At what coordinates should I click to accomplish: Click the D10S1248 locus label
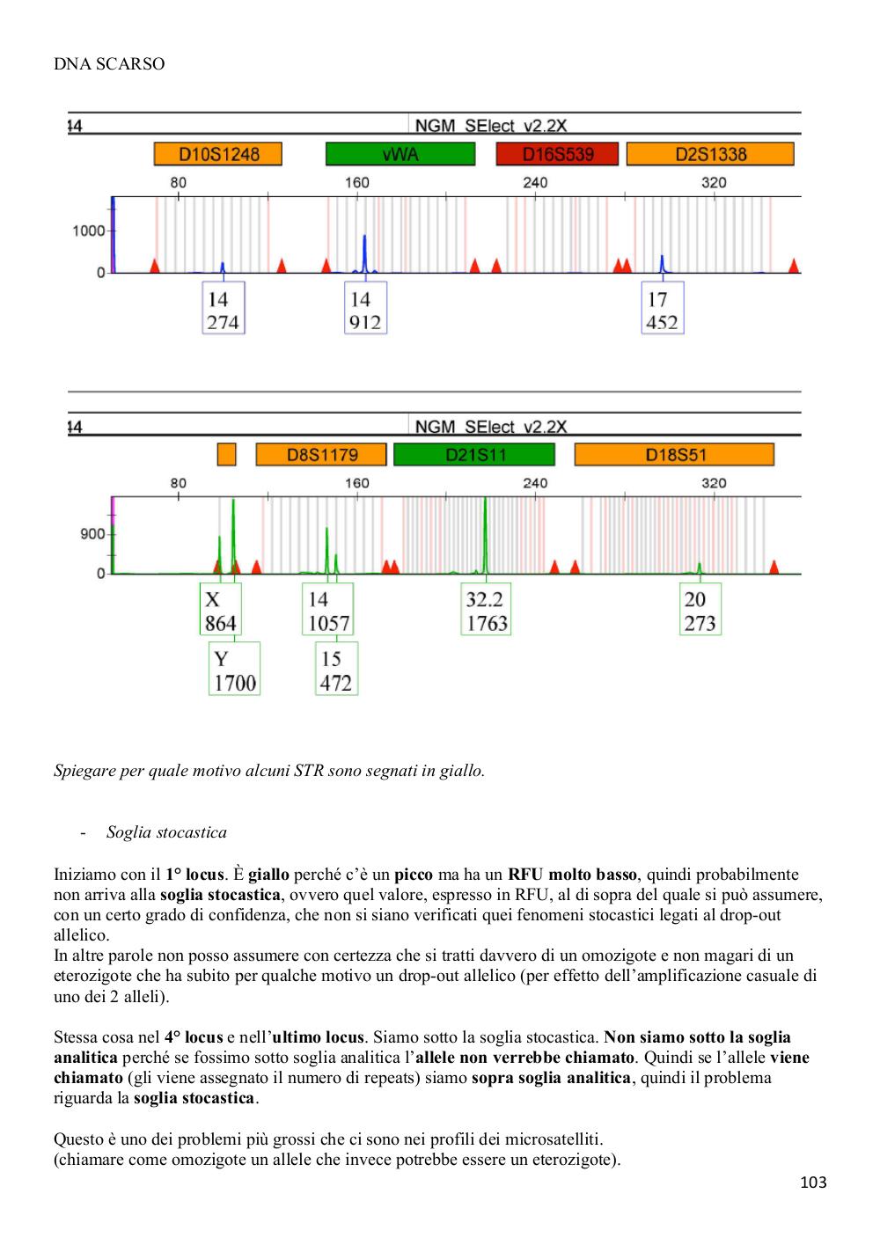tap(218, 154)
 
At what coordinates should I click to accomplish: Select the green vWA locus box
tap(400, 154)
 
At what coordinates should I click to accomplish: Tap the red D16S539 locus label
tap(557, 154)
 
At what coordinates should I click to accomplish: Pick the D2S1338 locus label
tap(710, 154)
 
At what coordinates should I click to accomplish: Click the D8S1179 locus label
tap(321, 455)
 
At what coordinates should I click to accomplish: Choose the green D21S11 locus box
tap(474, 455)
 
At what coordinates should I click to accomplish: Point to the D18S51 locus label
tap(674, 455)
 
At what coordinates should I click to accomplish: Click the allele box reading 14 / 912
tap(365, 308)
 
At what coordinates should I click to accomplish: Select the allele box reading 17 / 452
tap(662, 308)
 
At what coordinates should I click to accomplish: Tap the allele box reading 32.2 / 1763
tap(486, 609)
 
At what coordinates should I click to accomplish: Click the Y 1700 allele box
tap(234, 669)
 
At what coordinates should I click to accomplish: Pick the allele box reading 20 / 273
tap(700, 609)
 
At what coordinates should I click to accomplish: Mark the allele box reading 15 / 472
tap(336, 669)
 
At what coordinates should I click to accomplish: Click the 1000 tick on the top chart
tap(88, 231)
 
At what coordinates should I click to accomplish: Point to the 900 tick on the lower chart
tap(92, 534)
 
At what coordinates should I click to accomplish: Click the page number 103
tap(813, 1182)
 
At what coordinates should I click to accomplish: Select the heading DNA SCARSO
tap(109, 64)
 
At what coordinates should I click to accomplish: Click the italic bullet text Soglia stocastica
tap(167, 832)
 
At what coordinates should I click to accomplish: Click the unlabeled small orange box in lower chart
tap(226, 455)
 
